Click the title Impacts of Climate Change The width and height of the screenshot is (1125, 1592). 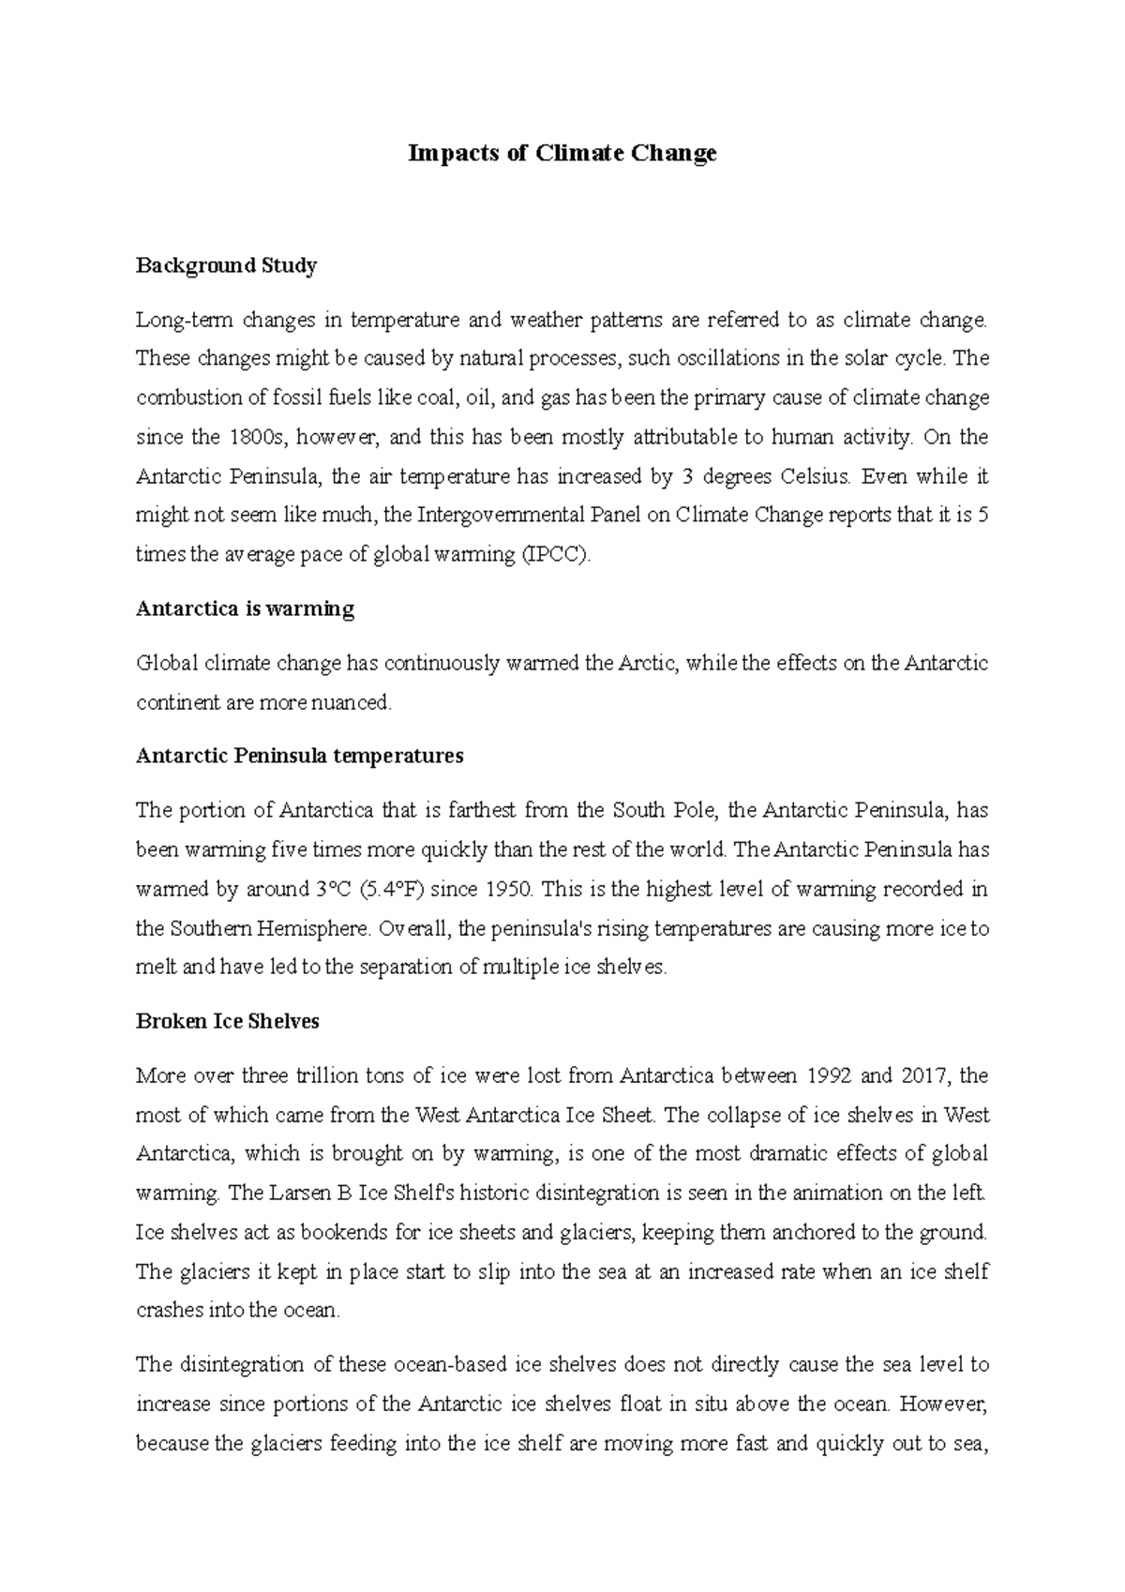click(562, 153)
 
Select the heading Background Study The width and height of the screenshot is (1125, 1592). click(226, 266)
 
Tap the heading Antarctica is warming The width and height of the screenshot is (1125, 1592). click(245, 609)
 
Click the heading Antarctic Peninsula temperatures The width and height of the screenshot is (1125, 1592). click(299, 757)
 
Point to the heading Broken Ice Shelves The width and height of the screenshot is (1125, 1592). click(227, 1022)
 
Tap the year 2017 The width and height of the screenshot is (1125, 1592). click(923, 1075)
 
